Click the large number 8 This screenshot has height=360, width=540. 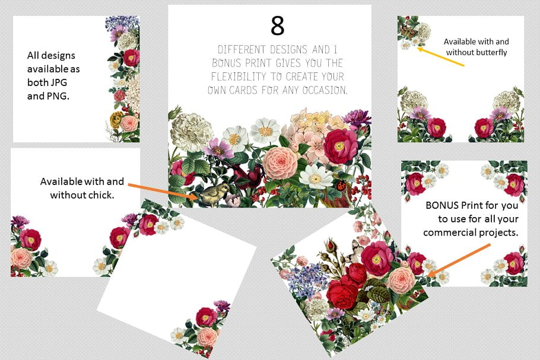pos(277,26)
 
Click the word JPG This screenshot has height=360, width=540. pos(59,82)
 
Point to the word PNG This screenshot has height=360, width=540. pos(56,96)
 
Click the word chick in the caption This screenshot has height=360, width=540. pos(101,195)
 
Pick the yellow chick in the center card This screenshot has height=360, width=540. pos(214,195)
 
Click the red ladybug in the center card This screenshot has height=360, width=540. pos(341,186)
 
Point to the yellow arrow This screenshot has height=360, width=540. pos(440,57)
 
